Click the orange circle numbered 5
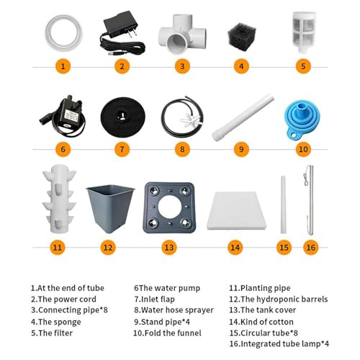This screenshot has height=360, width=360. click(303, 66)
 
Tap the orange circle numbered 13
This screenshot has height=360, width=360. click(169, 248)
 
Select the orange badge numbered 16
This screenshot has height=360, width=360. click(311, 248)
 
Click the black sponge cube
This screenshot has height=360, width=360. click(241, 37)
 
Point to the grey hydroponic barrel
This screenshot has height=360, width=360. click(110, 208)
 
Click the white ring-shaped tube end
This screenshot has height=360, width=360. click(63, 33)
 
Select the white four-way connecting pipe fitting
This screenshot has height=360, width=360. click(181, 35)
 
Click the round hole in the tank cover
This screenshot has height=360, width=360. click(170, 207)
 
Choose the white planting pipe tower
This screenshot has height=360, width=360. click(59, 199)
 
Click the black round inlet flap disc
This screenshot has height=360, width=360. click(122, 117)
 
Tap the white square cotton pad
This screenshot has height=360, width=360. click(237, 210)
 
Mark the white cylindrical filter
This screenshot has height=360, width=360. click(304, 32)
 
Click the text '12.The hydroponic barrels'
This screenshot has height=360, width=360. click(279, 299)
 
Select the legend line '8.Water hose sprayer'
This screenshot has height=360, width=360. click(174, 310)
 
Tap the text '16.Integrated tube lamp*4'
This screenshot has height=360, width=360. click(279, 343)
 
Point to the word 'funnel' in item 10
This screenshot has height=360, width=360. click(189, 333)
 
